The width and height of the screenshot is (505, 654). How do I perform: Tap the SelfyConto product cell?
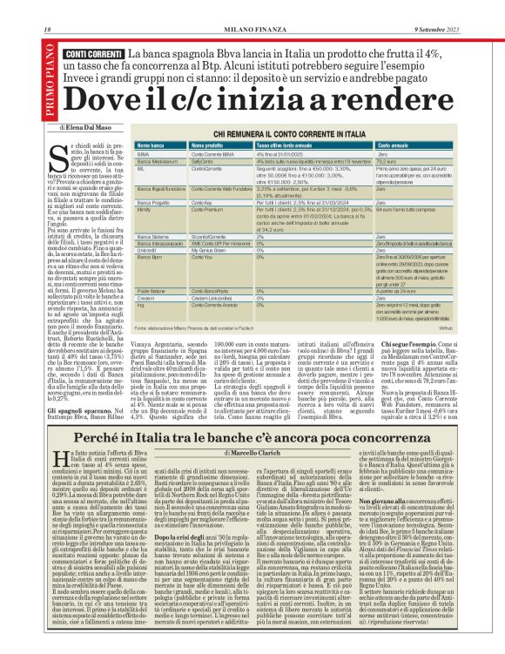coord(203,161)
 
